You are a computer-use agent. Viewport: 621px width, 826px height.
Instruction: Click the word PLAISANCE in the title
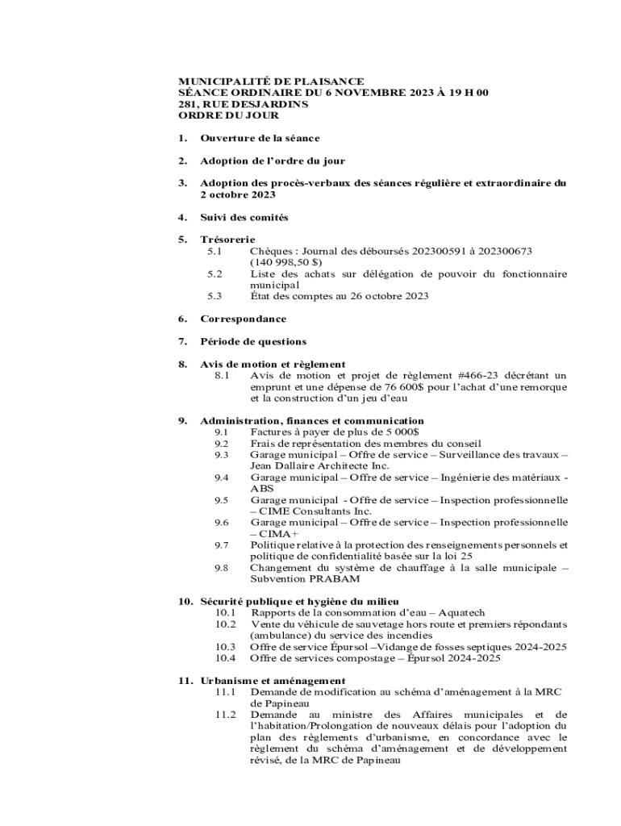[331, 81]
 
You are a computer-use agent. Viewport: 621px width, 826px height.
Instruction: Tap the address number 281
[188, 104]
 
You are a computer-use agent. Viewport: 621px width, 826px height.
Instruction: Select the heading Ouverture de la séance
[260, 138]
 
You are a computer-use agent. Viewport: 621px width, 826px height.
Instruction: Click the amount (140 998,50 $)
[285, 262]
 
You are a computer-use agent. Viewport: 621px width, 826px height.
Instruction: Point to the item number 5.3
[215, 296]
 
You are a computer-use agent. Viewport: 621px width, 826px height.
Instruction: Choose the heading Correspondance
[243, 319]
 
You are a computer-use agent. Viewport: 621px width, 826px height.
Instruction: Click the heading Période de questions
[253, 341]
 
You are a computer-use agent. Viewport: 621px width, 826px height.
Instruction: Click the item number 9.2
[222, 443]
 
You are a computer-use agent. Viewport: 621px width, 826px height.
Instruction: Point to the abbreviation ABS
[262, 488]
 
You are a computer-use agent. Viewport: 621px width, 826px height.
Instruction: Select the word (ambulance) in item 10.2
[279, 636]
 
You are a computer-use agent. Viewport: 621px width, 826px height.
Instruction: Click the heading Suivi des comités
[244, 217]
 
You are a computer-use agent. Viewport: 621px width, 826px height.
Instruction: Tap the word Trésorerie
[227, 240]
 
